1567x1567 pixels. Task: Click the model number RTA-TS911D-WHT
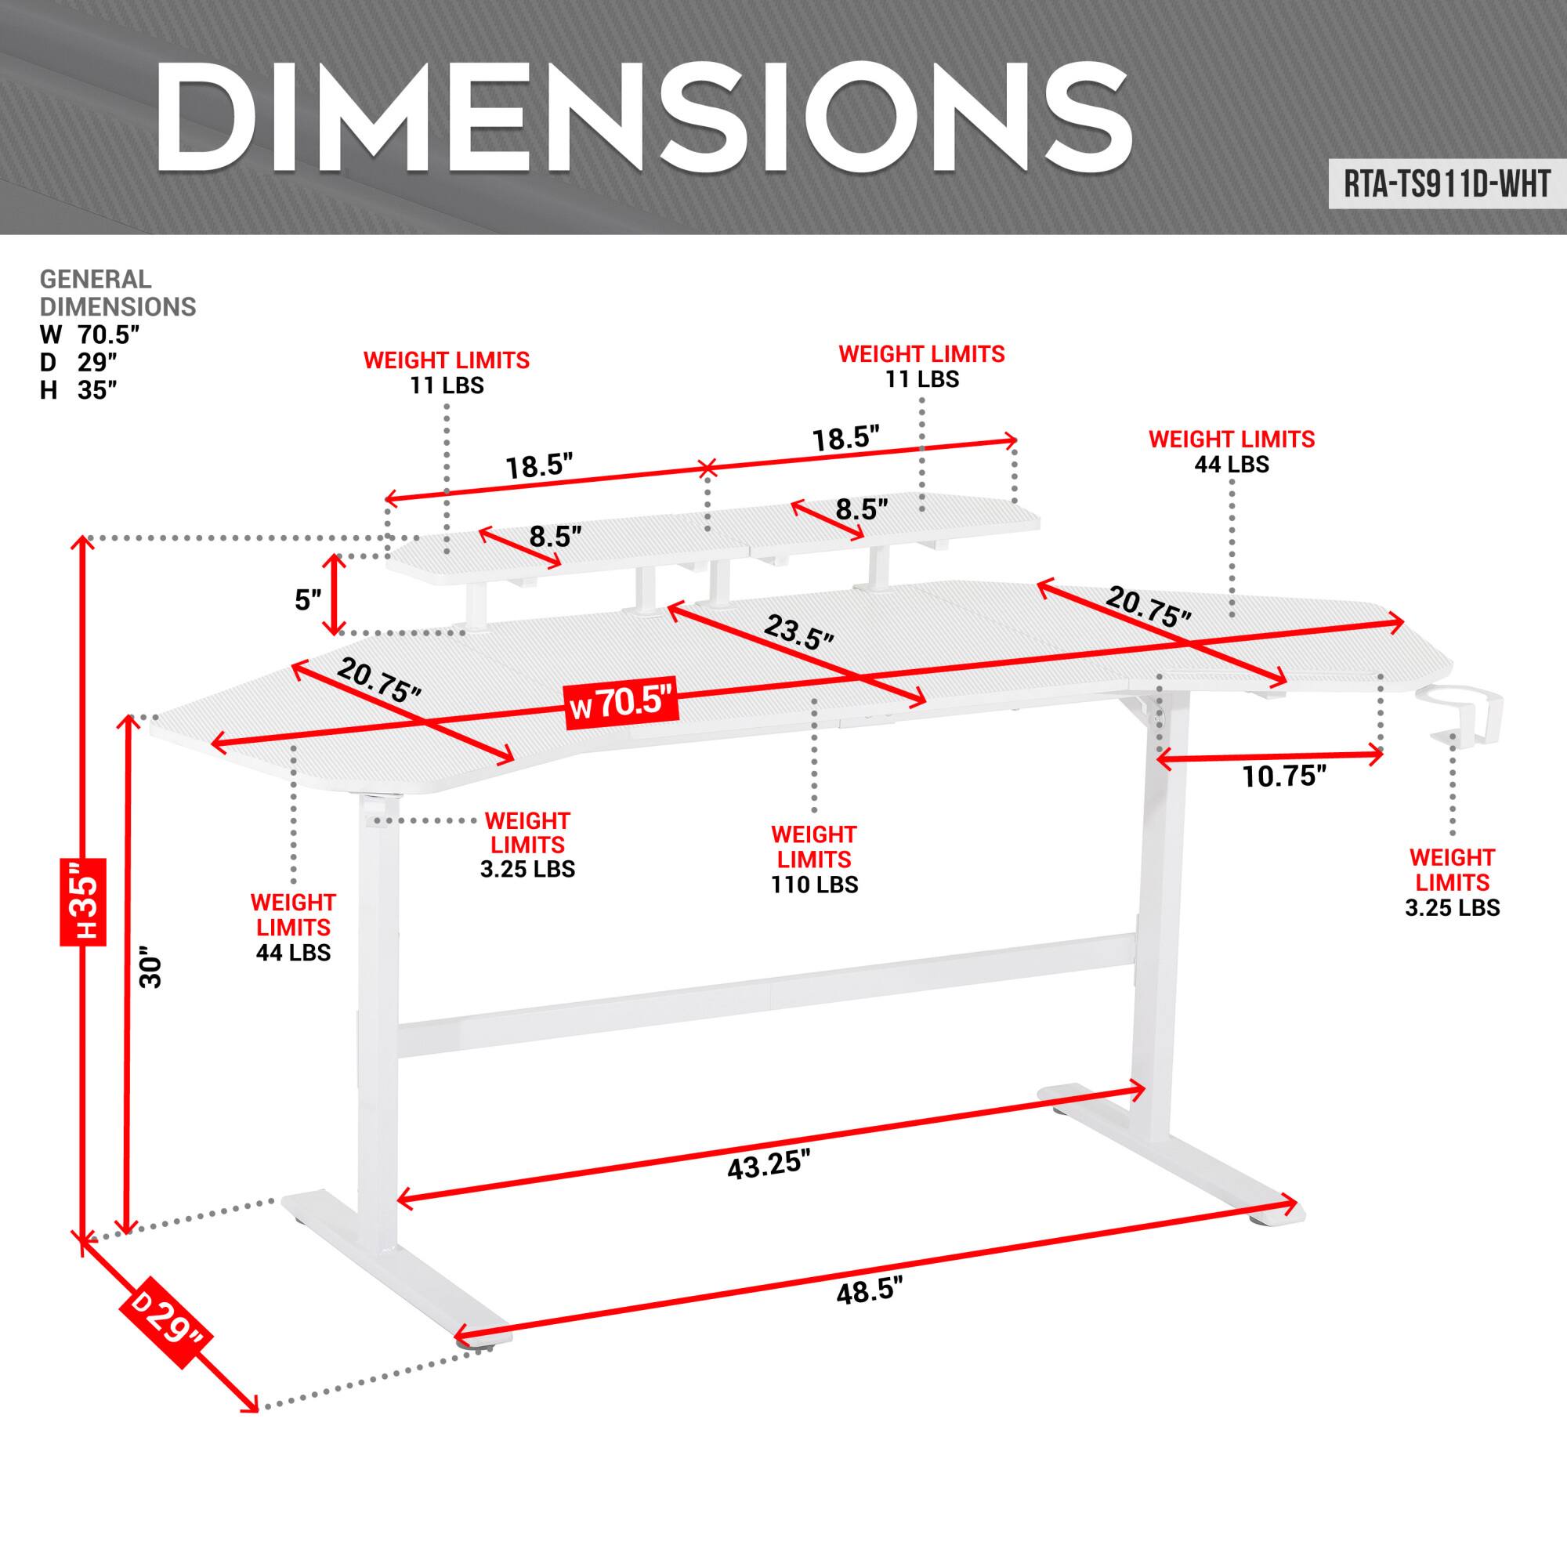tap(1446, 185)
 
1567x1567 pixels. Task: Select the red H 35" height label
tap(84, 902)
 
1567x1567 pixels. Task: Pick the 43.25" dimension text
tap(768, 1166)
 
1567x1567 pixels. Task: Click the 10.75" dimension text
tap(1284, 776)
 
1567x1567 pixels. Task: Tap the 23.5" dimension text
tap(798, 632)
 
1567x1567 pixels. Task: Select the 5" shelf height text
tap(308, 601)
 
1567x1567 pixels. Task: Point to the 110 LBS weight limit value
tap(813, 884)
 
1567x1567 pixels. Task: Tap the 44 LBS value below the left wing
tap(293, 952)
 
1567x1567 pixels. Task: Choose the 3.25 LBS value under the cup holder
tap(1452, 907)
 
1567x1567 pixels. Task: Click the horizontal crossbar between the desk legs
tap(765, 994)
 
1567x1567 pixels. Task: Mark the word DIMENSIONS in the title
tap(642, 118)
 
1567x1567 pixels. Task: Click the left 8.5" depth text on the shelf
tap(556, 536)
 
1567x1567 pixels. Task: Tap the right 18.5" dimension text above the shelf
tap(846, 439)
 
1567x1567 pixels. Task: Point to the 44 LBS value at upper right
tap(1230, 464)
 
